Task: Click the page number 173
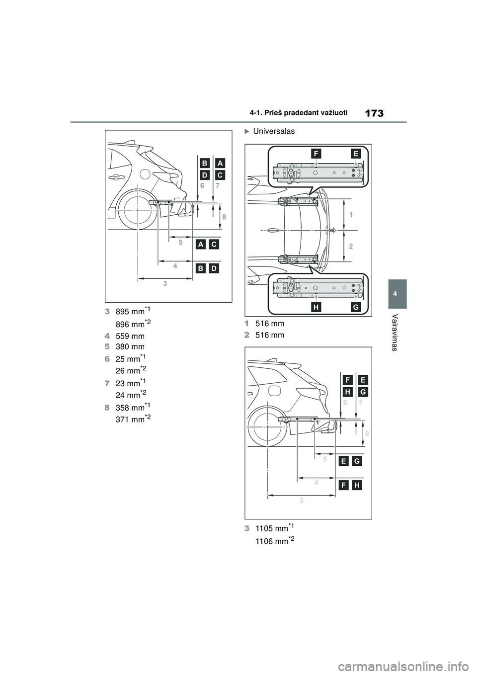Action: (374, 114)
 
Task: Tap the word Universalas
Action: (274, 131)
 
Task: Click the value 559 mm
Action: (130, 337)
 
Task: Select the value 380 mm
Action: (130, 346)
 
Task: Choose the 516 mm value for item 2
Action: (270, 335)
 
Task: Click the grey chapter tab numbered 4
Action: (397, 294)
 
